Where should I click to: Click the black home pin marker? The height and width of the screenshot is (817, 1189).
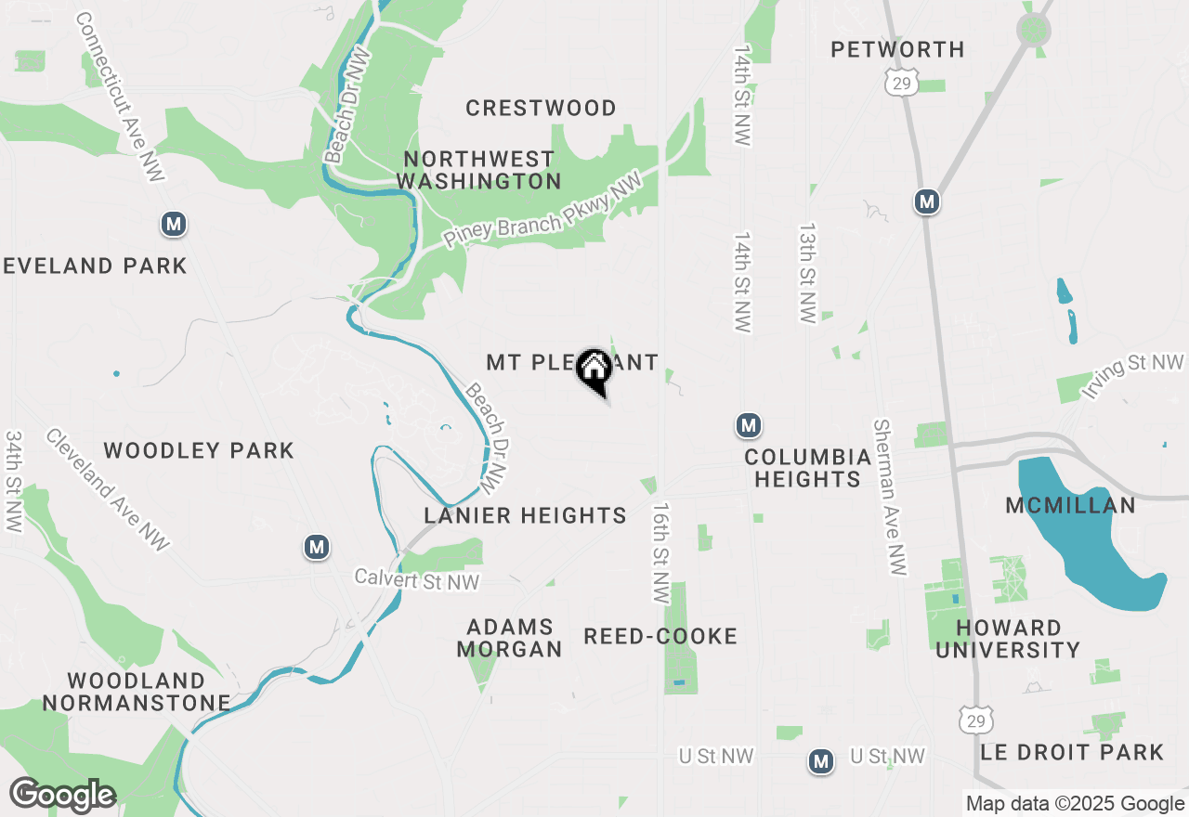click(594, 370)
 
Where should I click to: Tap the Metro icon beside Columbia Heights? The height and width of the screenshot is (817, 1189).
click(749, 425)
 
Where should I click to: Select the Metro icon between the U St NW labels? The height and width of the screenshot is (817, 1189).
click(820, 761)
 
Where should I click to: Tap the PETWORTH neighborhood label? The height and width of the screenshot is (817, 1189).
click(897, 49)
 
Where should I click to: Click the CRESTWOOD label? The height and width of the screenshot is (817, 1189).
click(541, 109)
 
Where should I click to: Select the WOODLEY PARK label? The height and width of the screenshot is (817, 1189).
click(199, 451)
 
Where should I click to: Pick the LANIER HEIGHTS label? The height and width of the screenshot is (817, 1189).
click(525, 515)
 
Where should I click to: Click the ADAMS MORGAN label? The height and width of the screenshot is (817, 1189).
click(510, 638)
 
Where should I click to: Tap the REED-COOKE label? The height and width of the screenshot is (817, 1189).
click(660, 636)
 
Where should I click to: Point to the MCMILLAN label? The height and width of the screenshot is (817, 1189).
click(1070, 505)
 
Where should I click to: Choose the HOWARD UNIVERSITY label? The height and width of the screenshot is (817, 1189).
click(1008, 639)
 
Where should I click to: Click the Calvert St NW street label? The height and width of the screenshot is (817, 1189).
click(417, 580)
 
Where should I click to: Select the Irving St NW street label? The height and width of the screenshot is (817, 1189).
click(1133, 376)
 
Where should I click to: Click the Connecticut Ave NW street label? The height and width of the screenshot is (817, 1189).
click(121, 97)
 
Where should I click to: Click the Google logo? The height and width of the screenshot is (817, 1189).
click(62, 795)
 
